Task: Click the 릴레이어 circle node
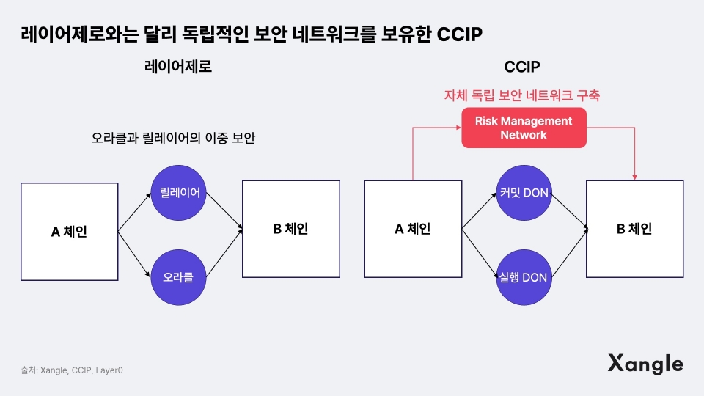tap(178, 193)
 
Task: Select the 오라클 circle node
tap(178, 277)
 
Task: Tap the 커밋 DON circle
tap(524, 193)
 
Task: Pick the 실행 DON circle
tap(524, 277)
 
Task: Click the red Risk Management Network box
tap(524, 128)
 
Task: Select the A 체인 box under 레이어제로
tap(70, 232)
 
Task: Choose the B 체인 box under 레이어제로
tap(291, 229)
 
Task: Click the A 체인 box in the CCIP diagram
tap(413, 229)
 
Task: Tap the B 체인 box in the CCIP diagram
tap(635, 229)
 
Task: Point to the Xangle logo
tap(645, 364)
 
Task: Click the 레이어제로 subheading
tap(178, 67)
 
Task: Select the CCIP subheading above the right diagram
tap(522, 67)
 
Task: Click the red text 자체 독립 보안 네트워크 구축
tap(522, 95)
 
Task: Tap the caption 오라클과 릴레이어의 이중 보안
tap(173, 138)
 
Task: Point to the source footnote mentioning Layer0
tap(72, 370)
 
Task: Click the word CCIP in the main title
tap(460, 34)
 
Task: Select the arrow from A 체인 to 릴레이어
tap(135, 212)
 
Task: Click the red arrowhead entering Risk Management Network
tap(459, 128)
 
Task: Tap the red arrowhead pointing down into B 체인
tap(635, 177)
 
